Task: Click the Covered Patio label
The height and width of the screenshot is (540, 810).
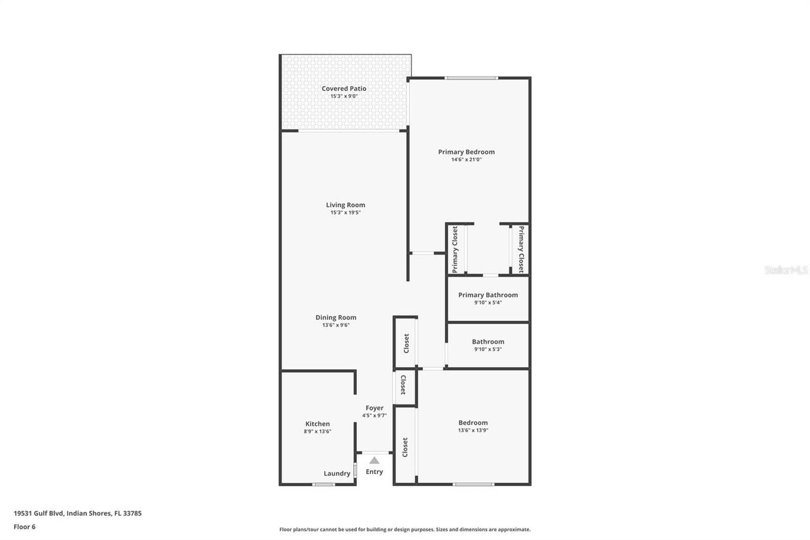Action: [344, 89]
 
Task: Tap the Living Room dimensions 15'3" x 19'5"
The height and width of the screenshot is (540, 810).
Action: [345, 213]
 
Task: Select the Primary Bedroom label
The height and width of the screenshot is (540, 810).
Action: [466, 152]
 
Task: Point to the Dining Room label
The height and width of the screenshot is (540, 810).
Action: [335, 318]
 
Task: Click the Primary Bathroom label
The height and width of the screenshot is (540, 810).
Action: [488, 295]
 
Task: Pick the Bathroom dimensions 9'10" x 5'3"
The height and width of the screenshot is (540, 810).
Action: [488, 349]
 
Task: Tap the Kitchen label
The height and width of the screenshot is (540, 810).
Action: [317, 424]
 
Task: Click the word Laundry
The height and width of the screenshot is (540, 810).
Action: [337, 474]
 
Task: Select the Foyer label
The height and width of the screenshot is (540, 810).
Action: [374, 408]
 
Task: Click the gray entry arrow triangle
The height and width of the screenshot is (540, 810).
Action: [374, 460]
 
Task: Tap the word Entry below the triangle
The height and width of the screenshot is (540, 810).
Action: [374, 472]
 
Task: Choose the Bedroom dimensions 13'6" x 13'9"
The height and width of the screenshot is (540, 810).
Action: [473, 430]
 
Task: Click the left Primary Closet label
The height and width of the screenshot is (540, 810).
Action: [455, 249]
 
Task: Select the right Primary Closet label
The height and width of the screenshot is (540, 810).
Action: [521, 249]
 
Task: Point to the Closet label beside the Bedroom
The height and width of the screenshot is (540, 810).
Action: [405, 447]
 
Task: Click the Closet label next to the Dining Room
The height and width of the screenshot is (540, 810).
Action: [406, 343]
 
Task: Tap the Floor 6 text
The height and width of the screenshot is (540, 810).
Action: [24, 526]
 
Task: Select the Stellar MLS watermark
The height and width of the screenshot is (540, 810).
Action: [786, 270]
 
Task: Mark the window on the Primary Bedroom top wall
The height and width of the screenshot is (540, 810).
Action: [471, 78]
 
